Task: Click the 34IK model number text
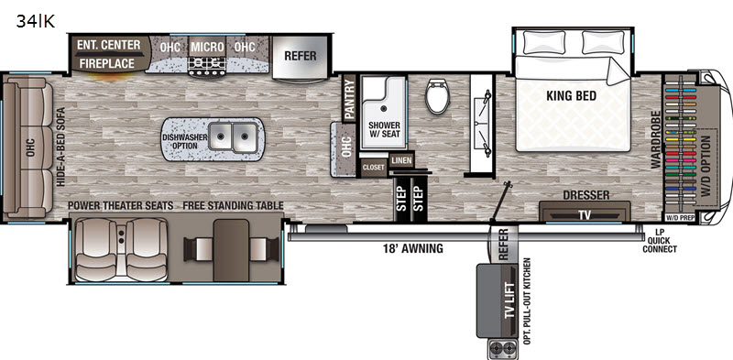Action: [x=36, y=21]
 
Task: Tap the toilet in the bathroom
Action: [x=438, y=96]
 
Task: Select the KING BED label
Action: [x=571, y=96]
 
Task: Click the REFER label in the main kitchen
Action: [x=301, y=56]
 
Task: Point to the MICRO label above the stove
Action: [x=207, y=48]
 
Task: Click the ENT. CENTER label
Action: [x=109, y=45]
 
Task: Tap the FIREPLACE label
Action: [x=106, y=63]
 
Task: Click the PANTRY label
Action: [x=350, y=99]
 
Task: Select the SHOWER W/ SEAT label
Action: [x=384, y=129]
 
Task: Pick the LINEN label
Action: [x=401, y=161]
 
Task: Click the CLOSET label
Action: [x=374, y=168]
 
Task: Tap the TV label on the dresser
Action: [x=585, y=215]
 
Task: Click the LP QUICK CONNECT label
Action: [x=659, y=241]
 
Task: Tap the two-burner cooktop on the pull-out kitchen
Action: [x=502, y=349]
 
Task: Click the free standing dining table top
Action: [x=231, y=251]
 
